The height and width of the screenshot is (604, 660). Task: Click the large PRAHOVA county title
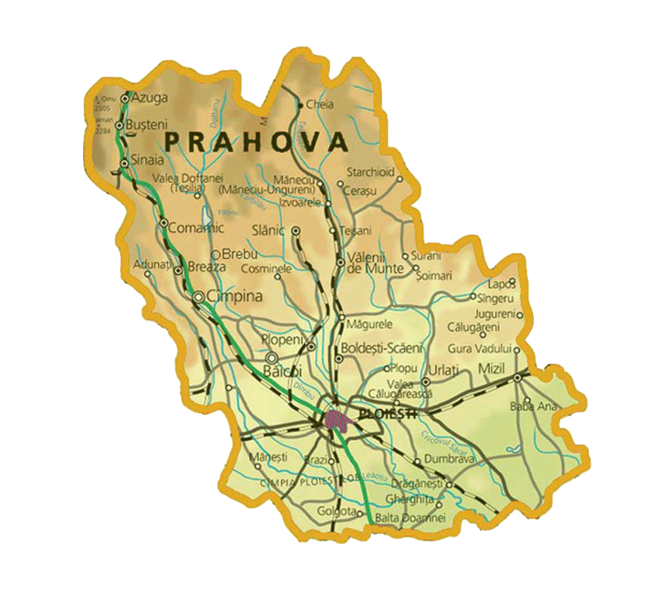click(256, 141)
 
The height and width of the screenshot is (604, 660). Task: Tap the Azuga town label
click(146, 98)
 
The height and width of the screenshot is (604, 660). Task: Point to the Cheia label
click(319, 106)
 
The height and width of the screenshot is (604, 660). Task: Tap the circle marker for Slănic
click(296, 230)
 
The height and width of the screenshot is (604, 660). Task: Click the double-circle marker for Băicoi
click(272, 357)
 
